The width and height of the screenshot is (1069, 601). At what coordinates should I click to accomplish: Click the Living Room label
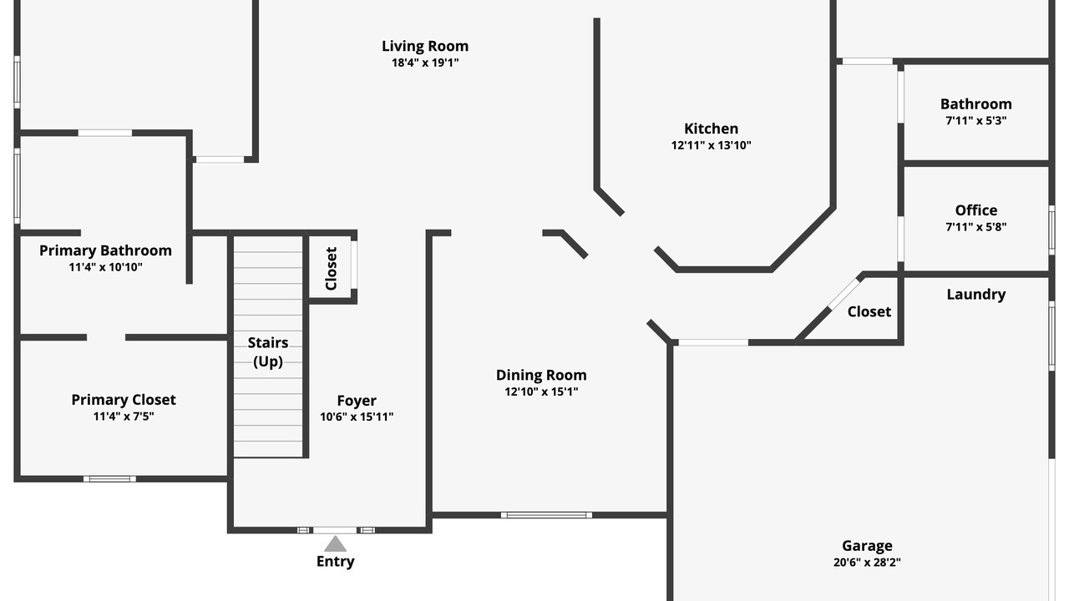click(425, 46)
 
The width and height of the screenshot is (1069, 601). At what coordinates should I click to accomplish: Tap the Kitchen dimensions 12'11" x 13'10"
click(711, 145)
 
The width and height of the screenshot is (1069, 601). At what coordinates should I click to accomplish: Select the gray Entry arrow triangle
click(335, 543)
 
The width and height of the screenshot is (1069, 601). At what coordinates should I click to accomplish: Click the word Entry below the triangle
click(335, 562)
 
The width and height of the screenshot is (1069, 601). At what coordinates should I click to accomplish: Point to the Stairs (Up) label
click(268, 352)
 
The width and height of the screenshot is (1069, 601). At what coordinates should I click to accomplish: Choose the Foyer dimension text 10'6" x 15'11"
click(357, 417)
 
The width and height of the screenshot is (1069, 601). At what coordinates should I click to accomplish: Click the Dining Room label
click(541, 376)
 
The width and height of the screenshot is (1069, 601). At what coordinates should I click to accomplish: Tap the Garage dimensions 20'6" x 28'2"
click(867, 563)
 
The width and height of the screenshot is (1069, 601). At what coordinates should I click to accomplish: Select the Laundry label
click(976, 295)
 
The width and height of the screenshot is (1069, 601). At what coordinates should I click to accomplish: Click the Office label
click(976, 210)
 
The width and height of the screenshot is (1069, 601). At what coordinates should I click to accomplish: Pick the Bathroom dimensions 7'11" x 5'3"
click(976, 121)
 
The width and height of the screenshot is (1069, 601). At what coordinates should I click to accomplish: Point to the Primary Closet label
click(124, 400)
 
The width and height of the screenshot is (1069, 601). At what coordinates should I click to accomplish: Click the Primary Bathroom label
click(105, 250)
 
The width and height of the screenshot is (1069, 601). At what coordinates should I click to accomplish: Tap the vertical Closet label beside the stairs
click(332, 269)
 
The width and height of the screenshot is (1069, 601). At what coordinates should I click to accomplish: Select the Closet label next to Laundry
click(869, 312)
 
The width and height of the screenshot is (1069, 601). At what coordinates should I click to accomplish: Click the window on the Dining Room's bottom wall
click(546, 515)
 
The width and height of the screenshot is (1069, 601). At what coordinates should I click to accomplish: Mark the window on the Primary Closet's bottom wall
click(109, 479)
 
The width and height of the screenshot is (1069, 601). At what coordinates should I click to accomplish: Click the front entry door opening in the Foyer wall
click(335, 530)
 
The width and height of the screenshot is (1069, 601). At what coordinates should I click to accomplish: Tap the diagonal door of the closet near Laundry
click(844, 294)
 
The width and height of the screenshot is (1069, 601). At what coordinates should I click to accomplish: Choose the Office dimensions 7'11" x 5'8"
click(976, 227)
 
